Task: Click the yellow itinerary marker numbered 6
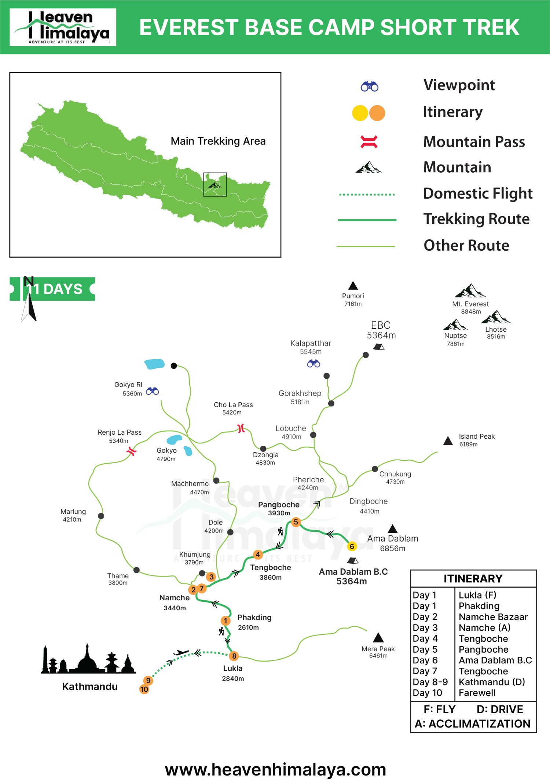pyautogui.click(x=352, y=546)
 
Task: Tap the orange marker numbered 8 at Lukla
pyautogui.click(x=234, y=656)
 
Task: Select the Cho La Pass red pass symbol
pyautogui.click(x=241, y=428)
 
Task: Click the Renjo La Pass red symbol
pyautogui.click(x=131, y=451)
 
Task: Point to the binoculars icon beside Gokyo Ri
pyautogui.click(x=152, y=391)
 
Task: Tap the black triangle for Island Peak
pyautogui.click(x=448, y=441)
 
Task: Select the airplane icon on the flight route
pyautogui.click(x=181, y=653)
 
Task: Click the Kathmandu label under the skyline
pyautogui.click(x=90, y=686)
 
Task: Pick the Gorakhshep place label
pyautogui.click(x=300, y=394)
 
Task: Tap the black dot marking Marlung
pyautogui.click(x=101, y=516)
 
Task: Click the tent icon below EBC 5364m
pyautogui.click(x=379, y=347)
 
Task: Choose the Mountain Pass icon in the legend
pyautogui.click(x=369, y=142)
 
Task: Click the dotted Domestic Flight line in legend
pyautogui.click(x=367, y=195)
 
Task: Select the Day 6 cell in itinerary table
pyautogui.click(x=425, y=660)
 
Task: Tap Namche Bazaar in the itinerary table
pyautogui.click(x=493, y=617)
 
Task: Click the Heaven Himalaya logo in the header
pyautogui.click(x=63, y=27)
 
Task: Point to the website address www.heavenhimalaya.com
pyautogui.click(x=275, y=769)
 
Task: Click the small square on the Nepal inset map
pyautogui.click(x=215, y=184)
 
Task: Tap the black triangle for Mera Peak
pyautogui.click(x=378, y=638)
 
